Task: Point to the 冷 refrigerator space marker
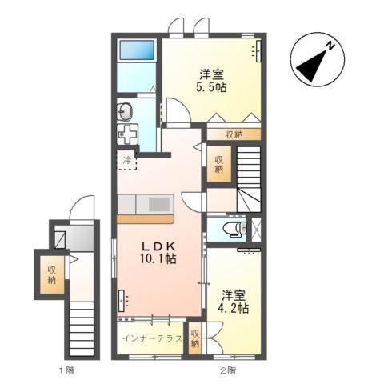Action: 127,160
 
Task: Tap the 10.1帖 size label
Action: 159,259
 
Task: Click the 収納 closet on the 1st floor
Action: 51,274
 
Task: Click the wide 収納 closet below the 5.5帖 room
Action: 234,135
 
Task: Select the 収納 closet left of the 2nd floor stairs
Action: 218,165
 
